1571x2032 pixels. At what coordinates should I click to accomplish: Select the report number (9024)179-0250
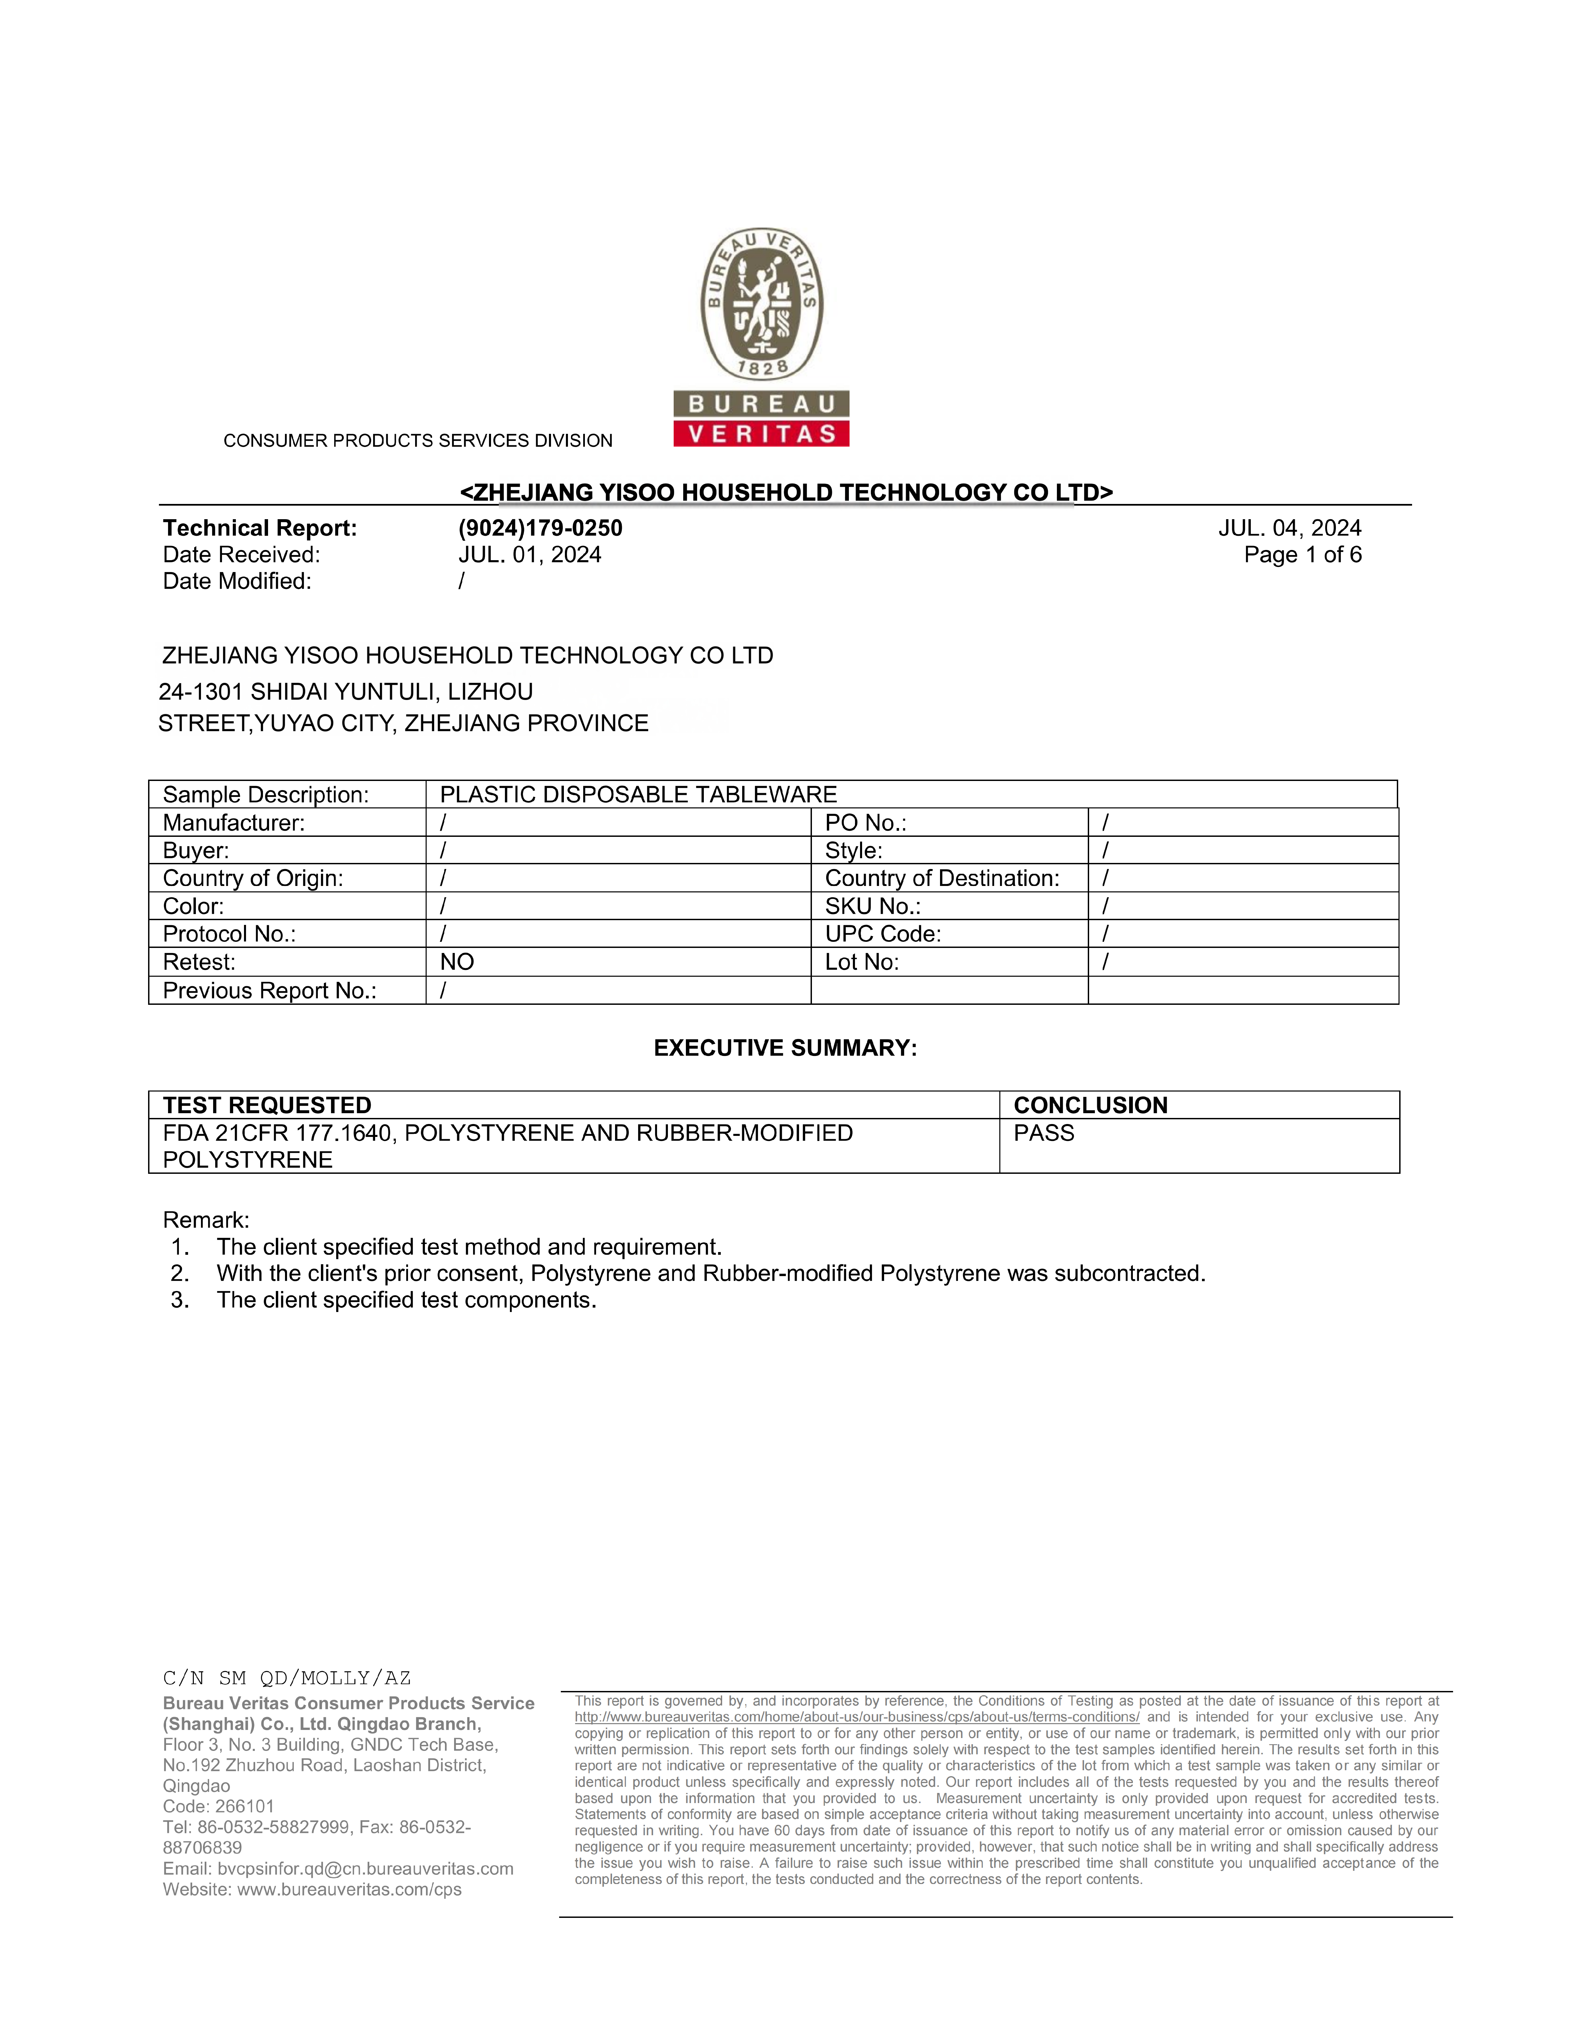540,528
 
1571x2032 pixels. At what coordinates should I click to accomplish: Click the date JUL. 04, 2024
1289,528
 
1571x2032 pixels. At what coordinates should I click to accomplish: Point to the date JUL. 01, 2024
530,555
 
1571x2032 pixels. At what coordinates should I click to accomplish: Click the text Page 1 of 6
1302,555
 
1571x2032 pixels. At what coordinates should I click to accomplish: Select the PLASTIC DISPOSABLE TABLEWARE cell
638,795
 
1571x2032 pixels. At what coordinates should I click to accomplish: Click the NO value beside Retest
457,962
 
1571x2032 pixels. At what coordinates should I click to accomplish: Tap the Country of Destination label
942,878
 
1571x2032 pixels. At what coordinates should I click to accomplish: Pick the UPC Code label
882,934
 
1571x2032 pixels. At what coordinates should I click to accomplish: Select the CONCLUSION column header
1090,1105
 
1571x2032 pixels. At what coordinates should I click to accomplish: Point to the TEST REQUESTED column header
267,1105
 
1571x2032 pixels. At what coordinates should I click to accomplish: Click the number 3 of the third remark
180,1301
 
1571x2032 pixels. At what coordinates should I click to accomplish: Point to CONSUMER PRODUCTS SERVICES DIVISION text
418,441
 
